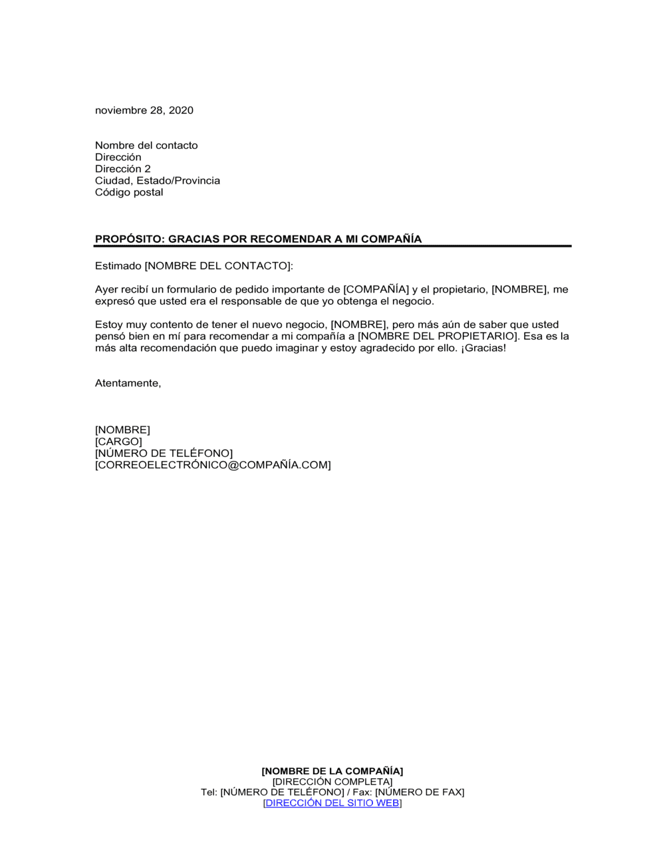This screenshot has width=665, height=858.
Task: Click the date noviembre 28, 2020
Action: pyautogui.click(x=144, y=110)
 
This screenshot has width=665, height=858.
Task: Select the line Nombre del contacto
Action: pyautogui.click(x=146, y=146)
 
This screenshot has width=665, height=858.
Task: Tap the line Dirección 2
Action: pyautogui.click(x=122, y=169)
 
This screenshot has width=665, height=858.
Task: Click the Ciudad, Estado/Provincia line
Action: pyautogui.click(x=157, y=181)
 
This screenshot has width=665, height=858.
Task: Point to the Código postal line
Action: pyautogui.click(x=128, y=192)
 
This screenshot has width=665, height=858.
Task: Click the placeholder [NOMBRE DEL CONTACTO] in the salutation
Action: pyautogui.click(x=218, y=266)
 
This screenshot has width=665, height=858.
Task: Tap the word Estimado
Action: pyautogui.click(x=118, y=266)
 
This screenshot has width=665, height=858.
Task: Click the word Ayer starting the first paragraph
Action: pyautogui.click(x=106, y=290)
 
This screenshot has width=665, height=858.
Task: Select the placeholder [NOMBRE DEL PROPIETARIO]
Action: pyautogui.click(x=437, y=337)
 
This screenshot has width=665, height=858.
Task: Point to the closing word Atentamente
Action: pyautogui.click(x=127, y=384)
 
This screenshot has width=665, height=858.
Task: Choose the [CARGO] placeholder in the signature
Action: pyautogui.click(x=118, y=442)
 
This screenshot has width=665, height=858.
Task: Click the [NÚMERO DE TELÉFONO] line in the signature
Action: pyautogui.click(x=164, y=454)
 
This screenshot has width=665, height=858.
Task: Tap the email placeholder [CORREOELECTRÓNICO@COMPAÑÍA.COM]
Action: pyautogui.click(x=213, y=465)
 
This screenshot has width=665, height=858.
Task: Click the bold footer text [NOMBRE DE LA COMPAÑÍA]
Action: pyautogui.click(x=332, y=772)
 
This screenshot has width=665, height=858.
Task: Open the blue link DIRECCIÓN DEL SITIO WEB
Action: pyautogui.click(x=332, y=803)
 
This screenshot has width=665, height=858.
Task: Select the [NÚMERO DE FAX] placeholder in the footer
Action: pyautogui.click(x=420, y=793)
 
